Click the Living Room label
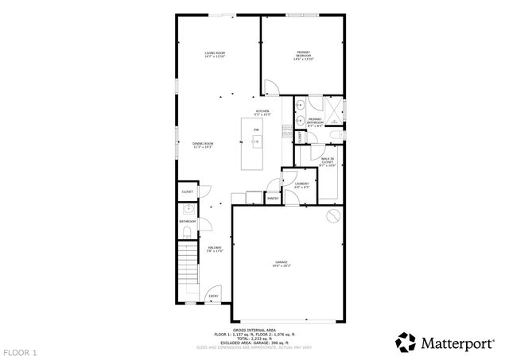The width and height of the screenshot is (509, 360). point(215,55)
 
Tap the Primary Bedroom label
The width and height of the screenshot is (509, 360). point(304,56)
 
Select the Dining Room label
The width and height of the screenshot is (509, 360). point(203,145)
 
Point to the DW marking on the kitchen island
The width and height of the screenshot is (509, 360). point(256,130)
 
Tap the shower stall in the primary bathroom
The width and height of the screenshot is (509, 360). point(334,109)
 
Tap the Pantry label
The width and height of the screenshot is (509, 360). point(272,198)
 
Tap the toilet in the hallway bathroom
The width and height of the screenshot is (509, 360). point(185,232)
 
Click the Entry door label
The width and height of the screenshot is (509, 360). point(213,296)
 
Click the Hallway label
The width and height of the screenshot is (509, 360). point(214,250)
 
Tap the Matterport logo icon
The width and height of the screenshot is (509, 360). point(406,342)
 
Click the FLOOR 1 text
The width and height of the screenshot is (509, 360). point(20,351)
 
